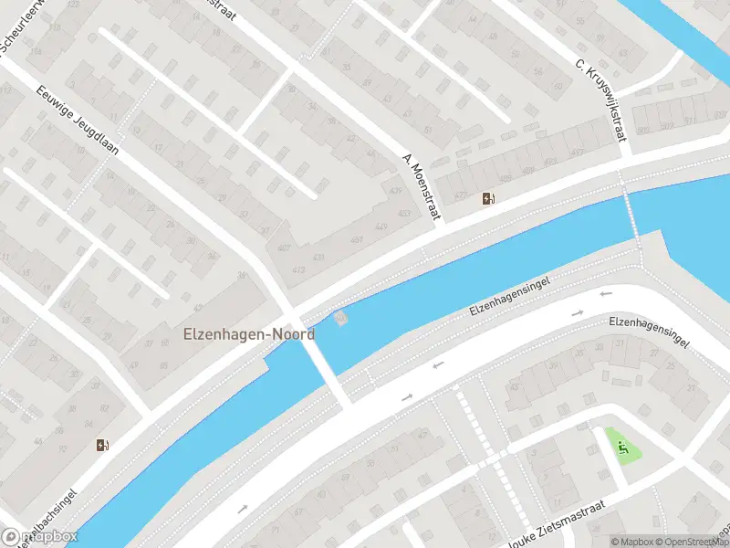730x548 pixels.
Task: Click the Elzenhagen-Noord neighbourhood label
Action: pyautogui.click(x=249, y=334)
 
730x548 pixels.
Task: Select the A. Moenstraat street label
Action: pyautogui.click(x=422, y=186)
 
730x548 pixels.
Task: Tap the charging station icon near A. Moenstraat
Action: pyautogui.click(x=490, y=199)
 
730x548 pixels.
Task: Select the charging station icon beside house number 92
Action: pyautogui.click(x=102, y=446)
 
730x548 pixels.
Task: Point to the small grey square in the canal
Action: pyautogui.click(x=341, y=318)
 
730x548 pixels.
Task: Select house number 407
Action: pyautogui.click(x=284, y=248)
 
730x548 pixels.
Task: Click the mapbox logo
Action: pyautogui.click(x=40, y=536)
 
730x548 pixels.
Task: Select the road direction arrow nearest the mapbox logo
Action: pyautogui.click(x=243, y=510)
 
